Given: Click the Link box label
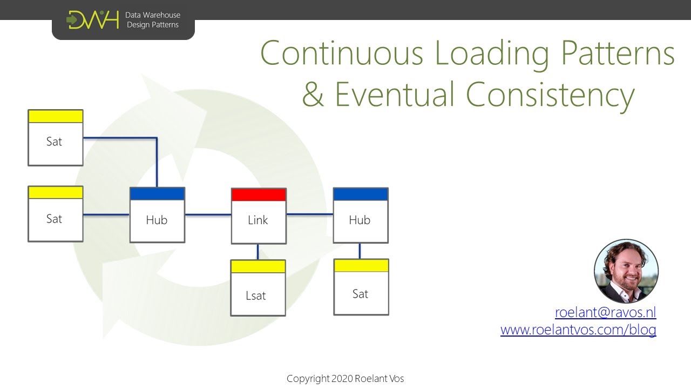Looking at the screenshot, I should tap(258, 220).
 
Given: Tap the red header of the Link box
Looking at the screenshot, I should tap(259, 194).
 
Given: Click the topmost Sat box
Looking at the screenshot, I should tap(55, 138).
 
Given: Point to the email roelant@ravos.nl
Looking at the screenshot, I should tap(605, 312).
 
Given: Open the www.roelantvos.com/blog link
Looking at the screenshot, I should tap(578, 330).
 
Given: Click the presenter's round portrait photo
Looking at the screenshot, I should tap(626, 271).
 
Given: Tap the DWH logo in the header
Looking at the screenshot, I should tap(92, 20).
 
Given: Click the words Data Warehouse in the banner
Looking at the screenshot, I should tap(153, 15).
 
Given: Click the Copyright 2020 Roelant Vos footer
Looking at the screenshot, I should tap(345, 379).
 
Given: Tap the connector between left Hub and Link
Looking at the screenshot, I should tap(208, 214).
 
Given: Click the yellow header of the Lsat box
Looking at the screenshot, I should tap(258, 266).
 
